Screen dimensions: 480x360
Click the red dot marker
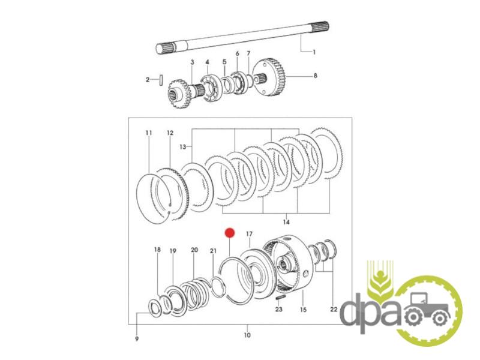point(230,233)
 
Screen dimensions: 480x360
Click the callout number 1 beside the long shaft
point(314,52)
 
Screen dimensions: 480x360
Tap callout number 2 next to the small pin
point(148,80)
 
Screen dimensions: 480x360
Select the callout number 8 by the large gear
point(316,76)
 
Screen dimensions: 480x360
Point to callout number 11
point(149,133)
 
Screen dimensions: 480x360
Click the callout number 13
point(183,147)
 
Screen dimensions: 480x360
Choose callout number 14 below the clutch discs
point(286,222)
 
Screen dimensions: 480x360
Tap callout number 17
point(249,234)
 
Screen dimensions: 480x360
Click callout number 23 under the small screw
point(278,310)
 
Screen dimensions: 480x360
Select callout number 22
point(334,310)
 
